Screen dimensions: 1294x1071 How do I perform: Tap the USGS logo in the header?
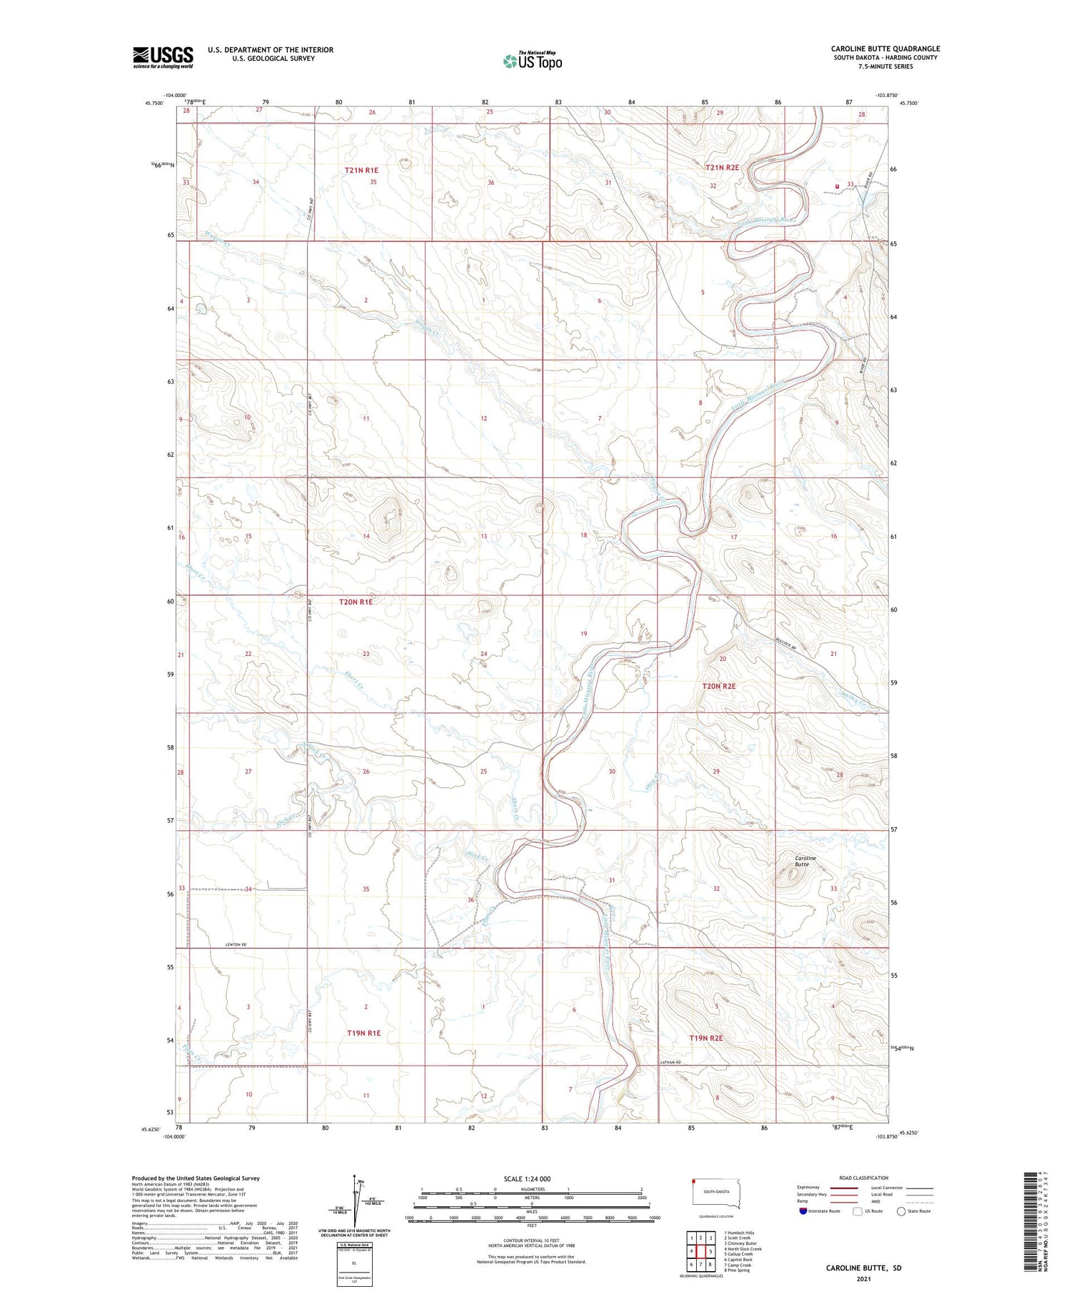(163, 57)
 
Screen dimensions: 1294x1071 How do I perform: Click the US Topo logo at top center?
(532, 61)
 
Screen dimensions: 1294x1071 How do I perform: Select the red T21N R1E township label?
(361, 171)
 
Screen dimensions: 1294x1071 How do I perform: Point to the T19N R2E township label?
(706, 1038)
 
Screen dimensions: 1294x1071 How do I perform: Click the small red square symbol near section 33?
(837, 187)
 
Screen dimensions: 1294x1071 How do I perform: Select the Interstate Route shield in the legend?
(803, 1211)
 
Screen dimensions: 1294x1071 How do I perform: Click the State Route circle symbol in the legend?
(901, 1211)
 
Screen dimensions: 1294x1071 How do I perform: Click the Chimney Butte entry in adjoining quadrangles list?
(740, 1243)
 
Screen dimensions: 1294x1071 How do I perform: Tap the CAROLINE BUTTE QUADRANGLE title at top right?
(885, 49)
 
